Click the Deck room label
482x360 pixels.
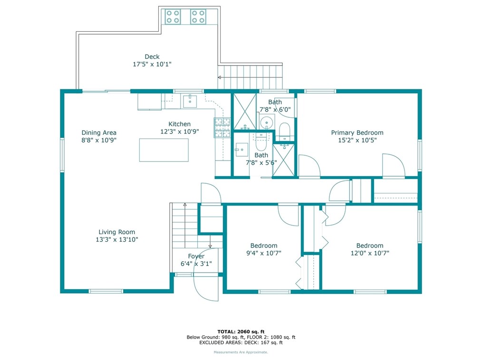(x=152, y=57)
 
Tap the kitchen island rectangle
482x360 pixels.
(x=164, y=150)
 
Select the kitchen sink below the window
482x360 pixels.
(x=190, y=101)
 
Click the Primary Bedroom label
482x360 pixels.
(x=357, y=133)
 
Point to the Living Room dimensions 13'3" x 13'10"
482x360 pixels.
(x=117, y=239)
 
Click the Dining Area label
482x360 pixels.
(x=99, y=133)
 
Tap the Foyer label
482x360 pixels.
(x=196, y=256)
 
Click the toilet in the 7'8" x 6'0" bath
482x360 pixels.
(x=285, y=131)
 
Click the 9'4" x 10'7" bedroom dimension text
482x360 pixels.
(x=264, y=253)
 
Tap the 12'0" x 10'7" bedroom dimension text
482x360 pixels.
(x=370, y=253)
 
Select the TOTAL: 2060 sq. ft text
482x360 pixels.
(x=241, y=332)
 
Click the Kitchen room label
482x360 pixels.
(x=180, y=124)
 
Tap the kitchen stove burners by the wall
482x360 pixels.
(x=222, y=127)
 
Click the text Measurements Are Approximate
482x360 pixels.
(x=241, y=352)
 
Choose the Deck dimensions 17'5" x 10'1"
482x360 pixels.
(x=152, y=64)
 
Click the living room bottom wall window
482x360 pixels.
(x=106, y=291)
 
